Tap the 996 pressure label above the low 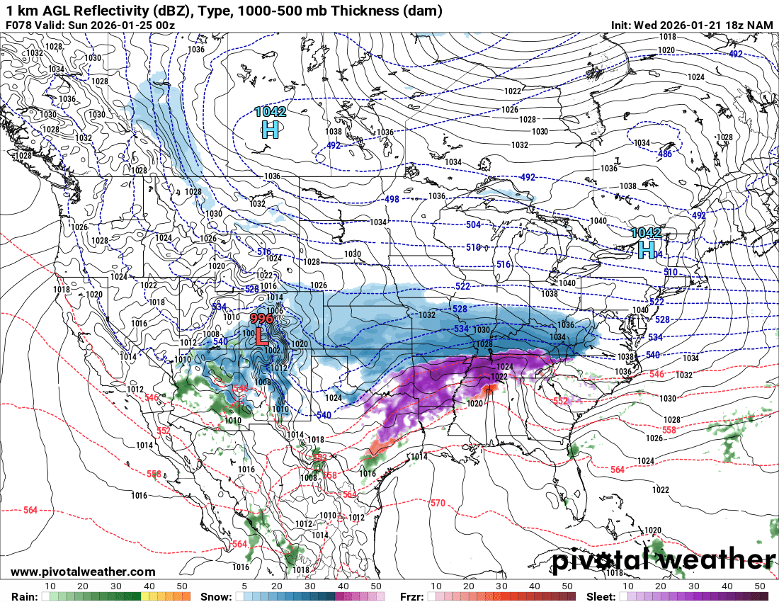tap(261, 319)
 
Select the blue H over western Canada tap(270, 129)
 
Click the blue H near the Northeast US tap(646, 249)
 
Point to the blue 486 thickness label tap(665, 154)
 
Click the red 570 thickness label tap(438, 504)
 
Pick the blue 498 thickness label tap(392, 200)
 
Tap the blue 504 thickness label tap(473, 225)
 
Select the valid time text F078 tap(18, 25)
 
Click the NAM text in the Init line tap(759, 25)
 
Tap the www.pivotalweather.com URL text tap(83, 572)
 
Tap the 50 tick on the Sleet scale tap(761, 586)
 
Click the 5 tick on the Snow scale tap(244, 586)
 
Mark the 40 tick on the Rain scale tap(149, 586)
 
